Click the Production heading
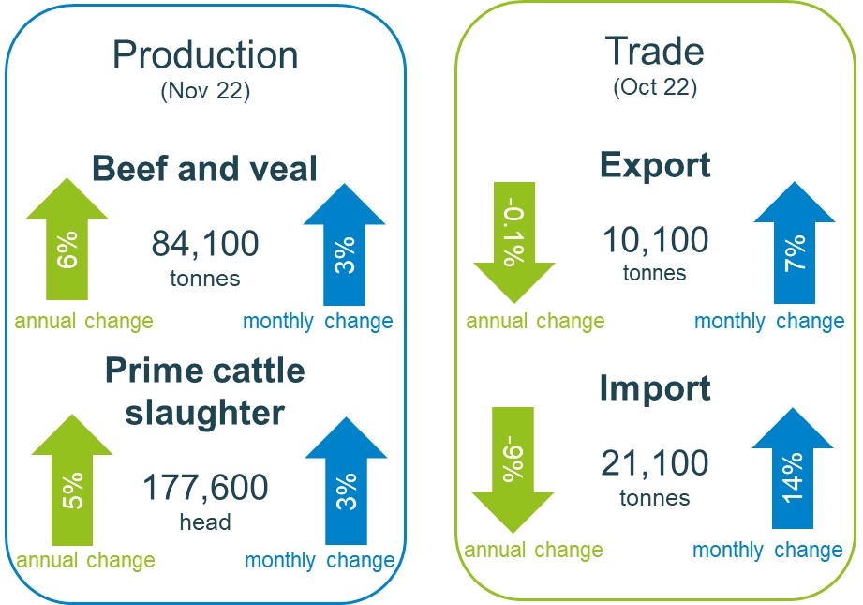pos(205,55)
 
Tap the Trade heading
pos(655,52)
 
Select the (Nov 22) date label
pos(204,92)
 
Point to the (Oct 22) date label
pos(655,87)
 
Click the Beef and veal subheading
pos(204,170)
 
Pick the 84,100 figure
pos(204,244)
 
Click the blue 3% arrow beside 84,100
pos(344,249)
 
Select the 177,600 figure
pos(204,487)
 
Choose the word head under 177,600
pos(204,522)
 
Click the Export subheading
pos(655,166)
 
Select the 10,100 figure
pos(655,240)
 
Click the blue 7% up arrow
pos(794,246)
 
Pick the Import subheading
pos(655,388)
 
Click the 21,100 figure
pos(655,463)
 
